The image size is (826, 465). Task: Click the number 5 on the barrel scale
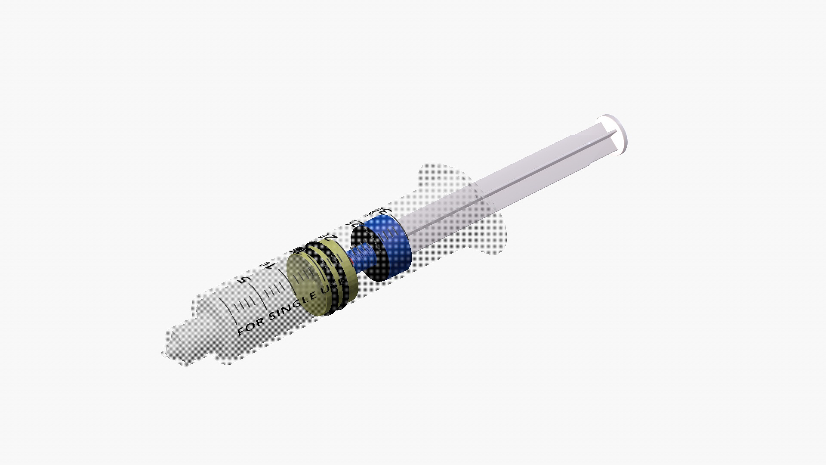[244, 279]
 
